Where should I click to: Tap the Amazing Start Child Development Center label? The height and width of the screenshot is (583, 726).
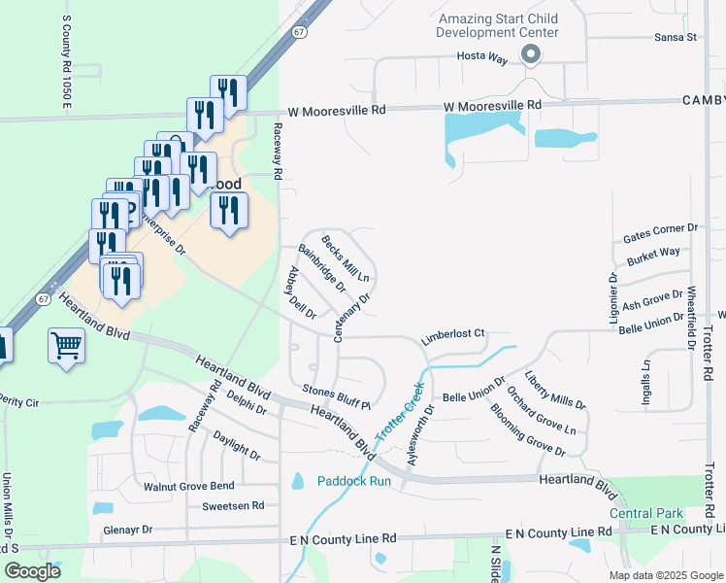pyautogui.click(x=499, y=25)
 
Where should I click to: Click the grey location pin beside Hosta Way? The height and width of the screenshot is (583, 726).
pyautogui.click(x=530, y=55)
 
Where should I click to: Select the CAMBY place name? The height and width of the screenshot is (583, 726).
pyautogui.click(x=703, y=100)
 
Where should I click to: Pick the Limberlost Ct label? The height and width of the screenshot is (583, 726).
pyautogui.click(x=451, y=335)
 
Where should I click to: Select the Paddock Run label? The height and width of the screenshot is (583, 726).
pyautogui.click(x=353, y=481)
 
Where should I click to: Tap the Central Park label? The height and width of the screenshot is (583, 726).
pyautogui.click(x=645, y=513)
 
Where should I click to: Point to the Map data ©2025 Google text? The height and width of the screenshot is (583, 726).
pyautogui.click(x=665, y=575)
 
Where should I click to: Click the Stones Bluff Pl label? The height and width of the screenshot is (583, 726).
pyautogui.click(x=337, y=396)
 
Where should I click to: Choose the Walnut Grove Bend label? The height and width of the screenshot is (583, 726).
pyautogui.click(x=188, y=485)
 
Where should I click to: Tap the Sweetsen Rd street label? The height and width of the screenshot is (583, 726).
pyautogui.click(x=233, y=505)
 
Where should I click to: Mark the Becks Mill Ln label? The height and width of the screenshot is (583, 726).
pyautogui.click(x=346, y=257)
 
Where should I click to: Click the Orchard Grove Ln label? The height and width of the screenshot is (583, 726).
pyautogui.click(x=542, y=415)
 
